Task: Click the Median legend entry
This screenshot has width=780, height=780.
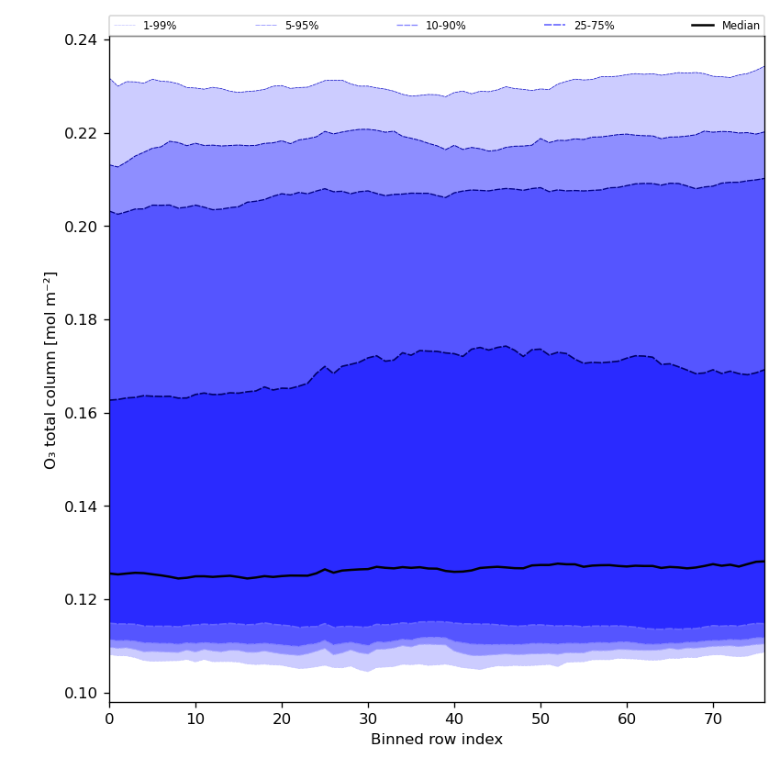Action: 741,26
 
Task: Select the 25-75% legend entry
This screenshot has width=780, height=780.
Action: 594,26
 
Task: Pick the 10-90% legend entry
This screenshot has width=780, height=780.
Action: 445,26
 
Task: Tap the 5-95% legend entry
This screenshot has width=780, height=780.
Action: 301,26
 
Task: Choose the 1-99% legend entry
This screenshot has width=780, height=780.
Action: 159,26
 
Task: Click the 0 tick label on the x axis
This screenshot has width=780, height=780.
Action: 109,719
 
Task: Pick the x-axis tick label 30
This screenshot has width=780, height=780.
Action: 368,719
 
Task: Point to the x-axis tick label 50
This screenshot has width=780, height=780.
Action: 540,719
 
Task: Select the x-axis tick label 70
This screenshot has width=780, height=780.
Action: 713,719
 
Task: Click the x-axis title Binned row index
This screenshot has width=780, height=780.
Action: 437,740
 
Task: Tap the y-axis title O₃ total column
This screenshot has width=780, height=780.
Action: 51,370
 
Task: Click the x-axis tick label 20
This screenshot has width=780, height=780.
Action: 282,719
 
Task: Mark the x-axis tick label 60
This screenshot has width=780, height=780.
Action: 627,719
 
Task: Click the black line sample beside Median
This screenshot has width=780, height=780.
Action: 703,26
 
